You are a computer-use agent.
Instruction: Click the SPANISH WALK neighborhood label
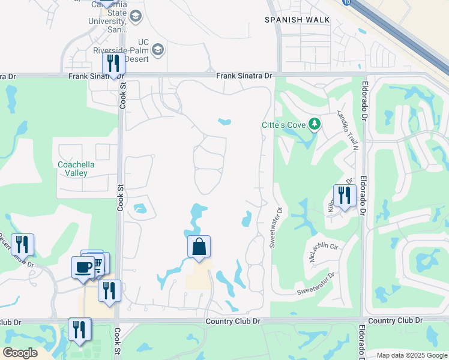(x=298, y=20)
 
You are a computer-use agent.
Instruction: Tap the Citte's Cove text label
(x=283, y=125)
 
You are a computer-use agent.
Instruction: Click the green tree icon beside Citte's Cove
(x=314, y=124)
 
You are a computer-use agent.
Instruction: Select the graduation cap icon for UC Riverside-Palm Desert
(x=158, y=49)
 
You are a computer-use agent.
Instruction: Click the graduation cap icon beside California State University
(x=136, y=16)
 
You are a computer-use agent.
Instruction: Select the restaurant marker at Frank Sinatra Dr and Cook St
(x=113, y=64)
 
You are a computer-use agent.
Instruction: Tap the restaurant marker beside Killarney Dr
(x=345, y=196)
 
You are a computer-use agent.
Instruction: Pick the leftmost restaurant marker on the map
(x=22, y=245)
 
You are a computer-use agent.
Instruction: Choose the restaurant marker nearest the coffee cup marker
(x=109, y=291)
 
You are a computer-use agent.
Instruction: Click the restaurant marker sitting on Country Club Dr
(x=79, y=329)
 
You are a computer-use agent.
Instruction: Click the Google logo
(x=20, y=353)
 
